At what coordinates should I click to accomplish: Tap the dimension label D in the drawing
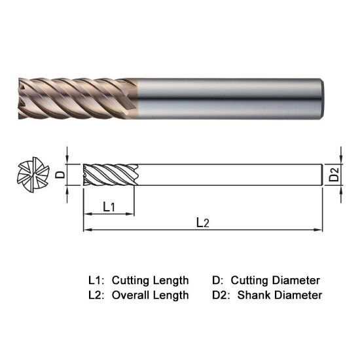[x=59, y=175]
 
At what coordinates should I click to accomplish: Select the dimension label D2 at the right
[x=334, y=175]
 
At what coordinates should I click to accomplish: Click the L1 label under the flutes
[x=109, y=207]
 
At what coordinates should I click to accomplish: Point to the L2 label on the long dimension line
[x=203, y=223]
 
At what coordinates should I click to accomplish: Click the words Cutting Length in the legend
[x=150, y=280]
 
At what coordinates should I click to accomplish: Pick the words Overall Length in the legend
[x=150, y=295]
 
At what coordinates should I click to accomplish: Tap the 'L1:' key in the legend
[x=96, y=280]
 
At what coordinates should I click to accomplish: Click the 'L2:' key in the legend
[x=96, y=295]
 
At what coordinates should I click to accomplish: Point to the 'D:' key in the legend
[x=219, y=280]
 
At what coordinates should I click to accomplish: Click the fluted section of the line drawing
[x=109, y=175]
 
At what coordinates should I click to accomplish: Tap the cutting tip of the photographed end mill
[x=18, y=99]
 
